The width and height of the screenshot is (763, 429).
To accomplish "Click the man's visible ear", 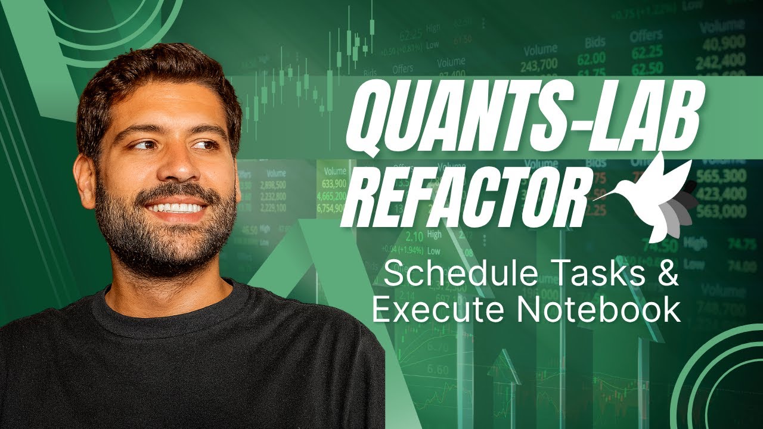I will coord(85,179).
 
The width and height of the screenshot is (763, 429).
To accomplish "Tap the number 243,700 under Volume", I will coord(539,64).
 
